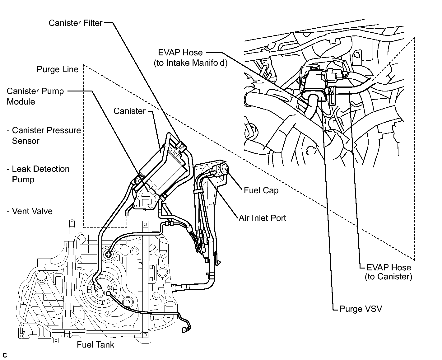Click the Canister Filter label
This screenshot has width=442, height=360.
(x=76, y=23)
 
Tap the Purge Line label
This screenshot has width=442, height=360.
(x=58, y=69)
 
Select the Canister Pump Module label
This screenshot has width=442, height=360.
(x=35, y=96)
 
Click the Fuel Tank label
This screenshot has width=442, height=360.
(x=95, y=344)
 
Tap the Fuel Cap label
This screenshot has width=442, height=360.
(x=261, y=190)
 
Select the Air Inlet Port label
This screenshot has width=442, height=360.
(x=262, y=218)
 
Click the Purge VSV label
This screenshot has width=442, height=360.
(x=361, y=309)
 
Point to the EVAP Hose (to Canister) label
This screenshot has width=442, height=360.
(x=388, y=272)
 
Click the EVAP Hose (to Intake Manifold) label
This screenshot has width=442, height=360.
(x=191, y=58)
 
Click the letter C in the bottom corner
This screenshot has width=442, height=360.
(x=4, y=355)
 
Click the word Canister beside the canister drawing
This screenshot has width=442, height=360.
(x=129, y=111)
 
